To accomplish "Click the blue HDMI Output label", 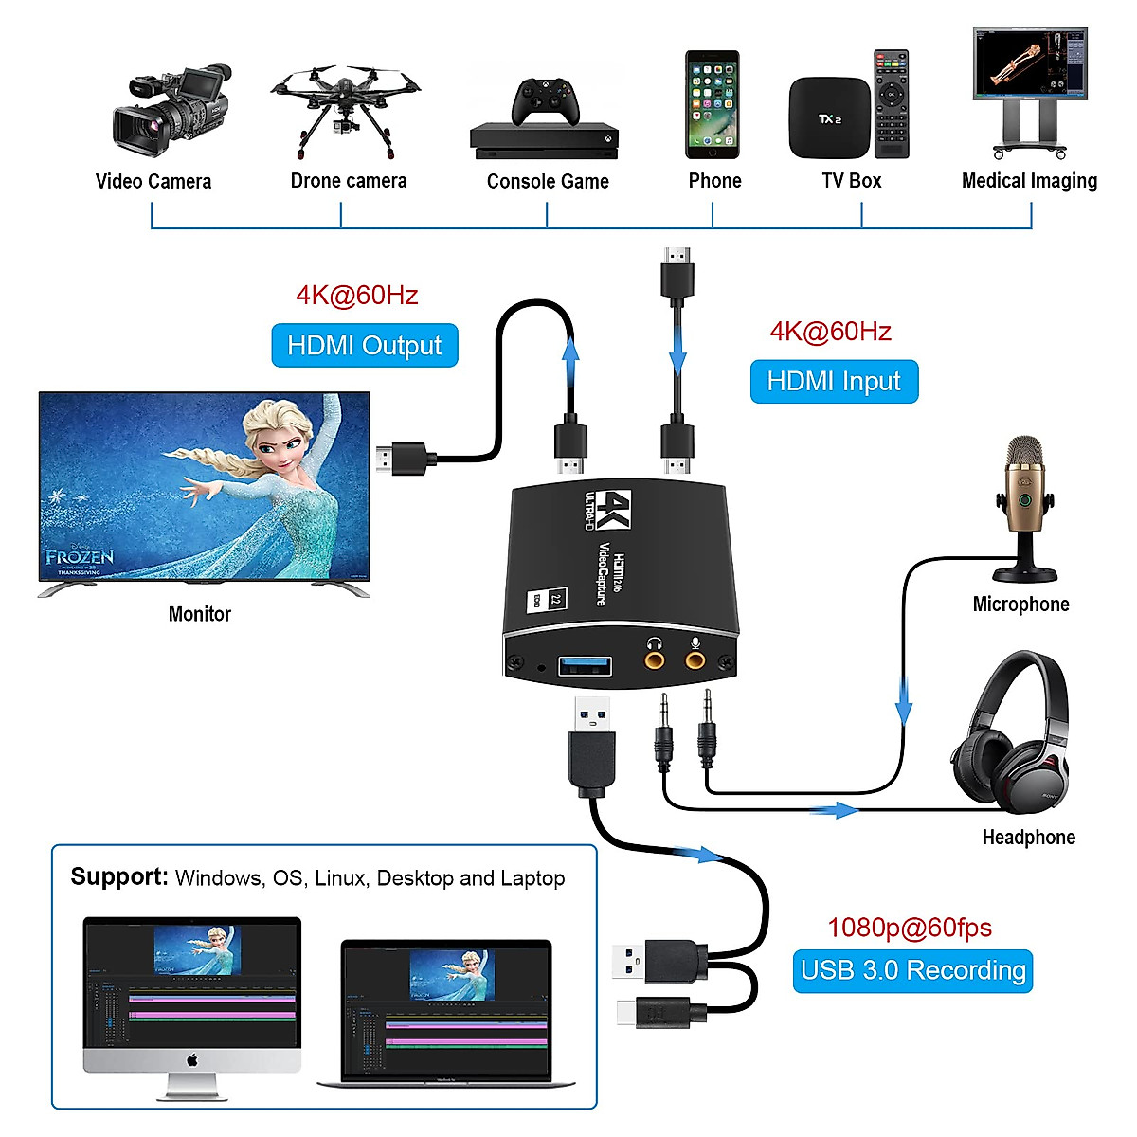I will point(365,346).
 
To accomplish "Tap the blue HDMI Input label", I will point(834,381).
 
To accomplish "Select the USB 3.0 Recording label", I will point(912,971).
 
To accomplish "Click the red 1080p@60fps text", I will point(910,928).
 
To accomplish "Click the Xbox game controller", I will point(546,100).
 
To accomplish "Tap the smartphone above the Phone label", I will point(713,104).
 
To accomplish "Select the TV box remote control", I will point(891,104).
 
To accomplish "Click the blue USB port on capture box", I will point(585,665).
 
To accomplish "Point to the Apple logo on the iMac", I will point(192,1059).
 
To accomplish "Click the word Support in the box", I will point(118,876).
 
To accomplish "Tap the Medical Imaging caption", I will point(1029,181).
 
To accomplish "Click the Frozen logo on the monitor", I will point(80,558).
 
